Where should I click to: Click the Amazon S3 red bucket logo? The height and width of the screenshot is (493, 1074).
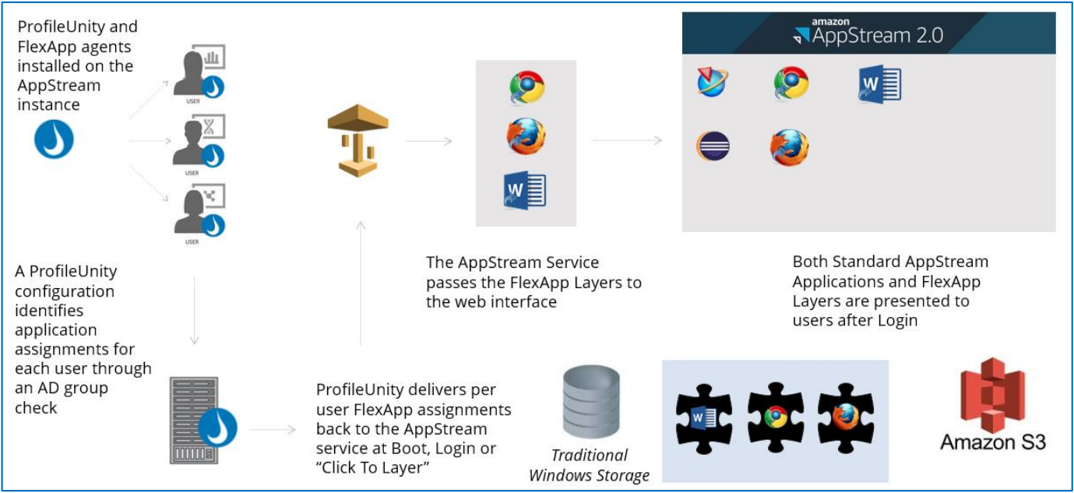pyautogui.click(x=992, y=395)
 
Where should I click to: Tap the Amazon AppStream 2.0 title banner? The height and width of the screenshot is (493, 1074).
pyautogui.click(x=869, y=33)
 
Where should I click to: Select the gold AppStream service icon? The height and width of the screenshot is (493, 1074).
pyautogui.click(x=357, y=140)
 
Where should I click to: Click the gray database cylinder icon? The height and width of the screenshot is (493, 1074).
pyautogui.click(x=591, y=402)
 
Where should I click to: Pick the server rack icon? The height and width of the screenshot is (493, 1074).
pyautogui.click(x=194, y=420)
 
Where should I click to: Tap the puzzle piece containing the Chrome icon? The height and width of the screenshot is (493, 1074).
pyautogui.click(x=775, y=417)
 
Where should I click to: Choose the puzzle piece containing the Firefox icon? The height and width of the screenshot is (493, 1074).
pyautogui.click(x=846, y=418)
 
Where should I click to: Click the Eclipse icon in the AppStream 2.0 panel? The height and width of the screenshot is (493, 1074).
pyautogui.click(x=713, y=146)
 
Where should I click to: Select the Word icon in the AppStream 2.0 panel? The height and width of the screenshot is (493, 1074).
pyautogui.click(x=880, y=84)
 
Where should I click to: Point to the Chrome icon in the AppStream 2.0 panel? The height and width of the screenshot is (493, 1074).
pyautogui.click(x=791, y=83)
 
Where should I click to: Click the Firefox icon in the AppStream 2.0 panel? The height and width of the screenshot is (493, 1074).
pyautogui.click(x=789, y=147)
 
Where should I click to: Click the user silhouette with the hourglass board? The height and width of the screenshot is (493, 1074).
pyautogui.click(x=199, y=142)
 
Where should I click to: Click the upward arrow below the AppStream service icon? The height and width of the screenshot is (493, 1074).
pyautogui.click(x=361, y=283)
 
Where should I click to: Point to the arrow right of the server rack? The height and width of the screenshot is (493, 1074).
pyautogui.click(x=273, y=429)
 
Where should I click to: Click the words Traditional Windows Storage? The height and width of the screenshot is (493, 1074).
pyautogui.click(x=590, y=465)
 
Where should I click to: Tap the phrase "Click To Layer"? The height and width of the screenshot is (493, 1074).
pyautogui.click(x=372, y=467)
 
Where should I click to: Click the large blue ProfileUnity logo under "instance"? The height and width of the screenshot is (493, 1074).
pyautogui.click(x=54, y=139)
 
